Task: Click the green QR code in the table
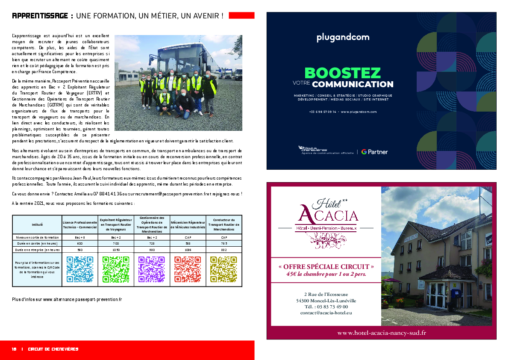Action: (x=116, y=269)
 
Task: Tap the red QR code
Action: (x=188, y=269)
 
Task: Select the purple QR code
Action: (x=152, y=269)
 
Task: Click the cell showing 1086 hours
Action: (x=188, y=250)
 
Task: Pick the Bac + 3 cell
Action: (x=80, y=237)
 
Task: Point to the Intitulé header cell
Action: (x=37, y=224)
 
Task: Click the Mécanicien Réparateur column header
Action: (x=188, y=224)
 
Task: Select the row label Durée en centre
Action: (x=37, y=243)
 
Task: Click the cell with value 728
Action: (x=152, y=243)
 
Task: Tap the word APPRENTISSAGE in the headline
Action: (x=40, y=16)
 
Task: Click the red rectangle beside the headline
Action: (x=241, y=16)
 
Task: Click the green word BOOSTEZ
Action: (x=342, y=73)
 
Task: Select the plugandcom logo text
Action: (x=343, y=38)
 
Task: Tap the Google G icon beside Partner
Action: (x=364, y=152)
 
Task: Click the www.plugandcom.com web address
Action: (x=359, y=112)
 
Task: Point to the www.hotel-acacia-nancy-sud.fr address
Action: (x=381, y=333)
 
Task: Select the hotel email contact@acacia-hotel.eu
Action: (x=326, y=313)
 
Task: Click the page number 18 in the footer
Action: (x=14, y=349)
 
